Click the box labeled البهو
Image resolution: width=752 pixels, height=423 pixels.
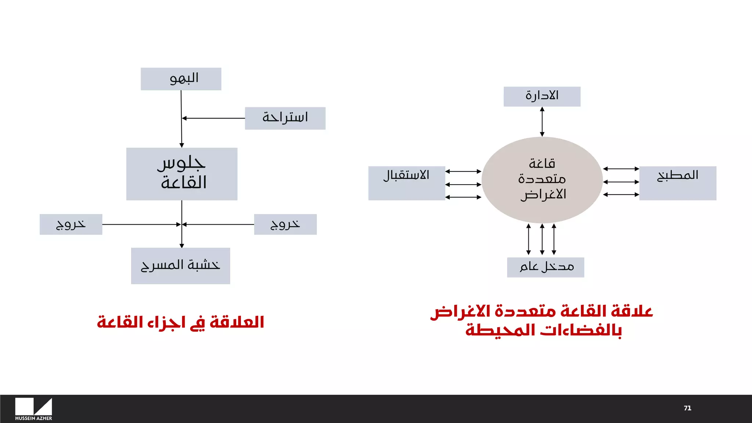pyautogui.click(x=181, y=79)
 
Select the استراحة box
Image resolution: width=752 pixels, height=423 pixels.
pyautogui.click(x=285, y=118)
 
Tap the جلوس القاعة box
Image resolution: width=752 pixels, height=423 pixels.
pyautogui.click(x=182, y=174)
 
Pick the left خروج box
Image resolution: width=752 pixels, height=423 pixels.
pyautogui.click(x=71, y=224)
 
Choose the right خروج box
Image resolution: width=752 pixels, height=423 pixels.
pyautogui.click(x=285, y=224)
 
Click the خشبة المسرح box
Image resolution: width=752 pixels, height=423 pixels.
pyautogui.click(x=180, y=265)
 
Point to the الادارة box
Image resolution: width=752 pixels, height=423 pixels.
pyautogui.click(x=542, y=97)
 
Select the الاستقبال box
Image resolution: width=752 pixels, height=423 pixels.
pyautogui.click(x=406, y=183)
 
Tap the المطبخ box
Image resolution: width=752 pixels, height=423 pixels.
pyautogui.click(x=677, y=183)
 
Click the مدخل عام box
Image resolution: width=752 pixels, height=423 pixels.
pyautogui.click(x=545, y=267)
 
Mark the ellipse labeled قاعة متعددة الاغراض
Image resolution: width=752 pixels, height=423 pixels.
pyautogui.click(x=542, y=180)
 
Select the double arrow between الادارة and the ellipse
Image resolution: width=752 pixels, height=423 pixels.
pyautogui.click(x=542, y=122)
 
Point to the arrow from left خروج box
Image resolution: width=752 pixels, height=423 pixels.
pyautogui.click(x=141, y=224)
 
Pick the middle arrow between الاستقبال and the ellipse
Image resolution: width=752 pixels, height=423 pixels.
pyautogui.click(x=463, y=184)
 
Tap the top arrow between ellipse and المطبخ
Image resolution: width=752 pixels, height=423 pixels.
pyautogui.click(x=621, y=169)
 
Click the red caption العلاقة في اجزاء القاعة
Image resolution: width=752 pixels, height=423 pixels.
pyautogui.click(x=180, y=322)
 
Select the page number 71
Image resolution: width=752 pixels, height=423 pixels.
pyautogui.click(x=687, y=408)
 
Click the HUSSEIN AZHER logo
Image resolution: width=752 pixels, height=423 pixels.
pyautogui.click(x=33, y=409)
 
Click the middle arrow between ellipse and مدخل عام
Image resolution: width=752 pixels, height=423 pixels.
pyautogui.click(x=542, y=239)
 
